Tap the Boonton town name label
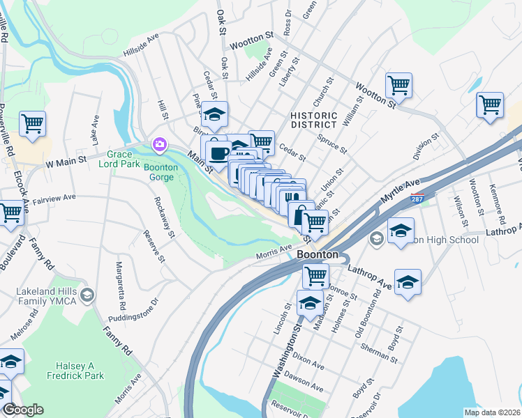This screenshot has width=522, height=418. click(318, 255)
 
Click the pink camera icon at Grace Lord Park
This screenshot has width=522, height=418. click(160, 144)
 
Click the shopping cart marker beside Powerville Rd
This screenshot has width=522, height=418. click(33, 124)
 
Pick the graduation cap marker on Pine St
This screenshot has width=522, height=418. click(215, 114)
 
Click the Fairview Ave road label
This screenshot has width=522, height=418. click(54, 198)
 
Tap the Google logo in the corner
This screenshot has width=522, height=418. click(22, 410)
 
